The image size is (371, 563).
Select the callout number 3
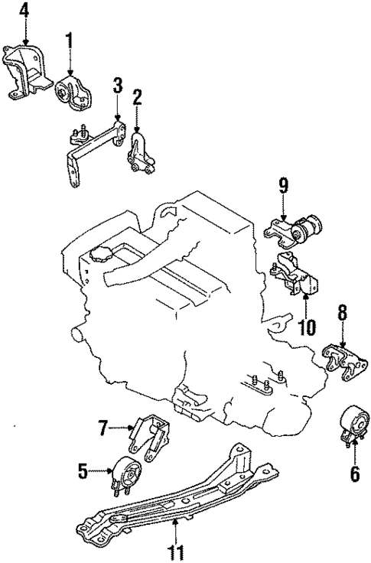point(118,84)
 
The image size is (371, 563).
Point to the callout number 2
point(137,96)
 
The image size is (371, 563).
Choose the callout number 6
point(354,474)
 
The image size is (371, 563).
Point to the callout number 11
point(177,550)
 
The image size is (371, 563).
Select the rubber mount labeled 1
point(74,94)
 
